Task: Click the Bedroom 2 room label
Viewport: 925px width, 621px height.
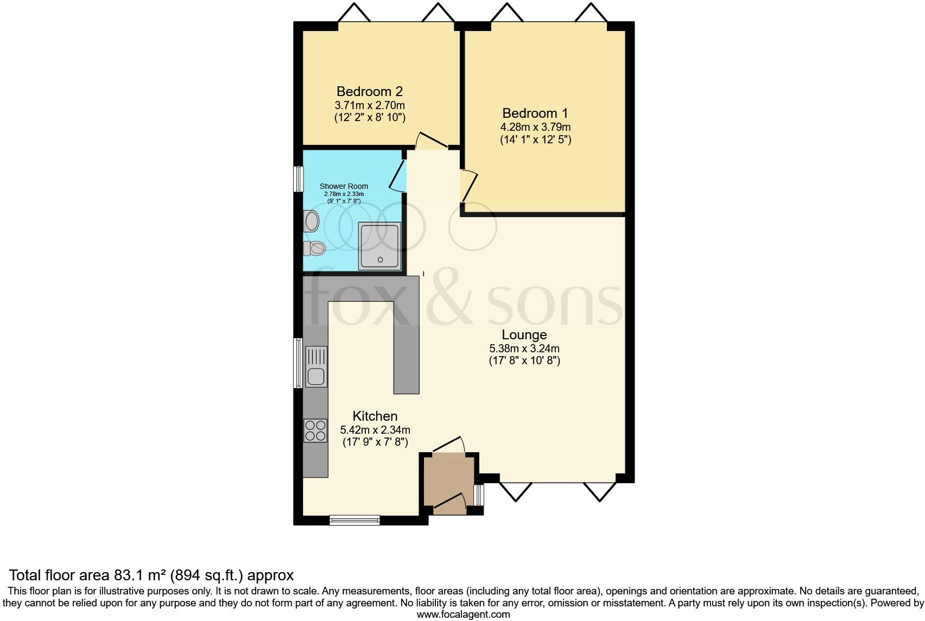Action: (369, 91)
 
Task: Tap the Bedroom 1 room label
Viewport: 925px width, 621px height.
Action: (535, 113)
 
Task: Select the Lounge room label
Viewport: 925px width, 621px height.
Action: (524, 334)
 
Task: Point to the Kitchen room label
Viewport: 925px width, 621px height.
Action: (375, 416)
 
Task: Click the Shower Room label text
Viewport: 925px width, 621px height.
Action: (344, 186)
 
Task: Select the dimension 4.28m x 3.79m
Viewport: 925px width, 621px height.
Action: (535, 127)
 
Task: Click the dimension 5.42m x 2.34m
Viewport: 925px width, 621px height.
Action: (375, 430)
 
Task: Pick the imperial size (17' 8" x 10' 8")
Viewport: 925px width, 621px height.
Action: (524, 360)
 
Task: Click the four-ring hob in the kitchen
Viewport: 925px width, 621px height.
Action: (315, 430)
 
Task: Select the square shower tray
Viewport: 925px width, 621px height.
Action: (380, 245)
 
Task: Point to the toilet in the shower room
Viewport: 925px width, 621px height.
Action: (314, 249)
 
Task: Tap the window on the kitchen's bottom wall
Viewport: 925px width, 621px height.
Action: (354, 521)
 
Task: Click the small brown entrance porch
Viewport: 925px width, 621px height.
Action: (449, 482)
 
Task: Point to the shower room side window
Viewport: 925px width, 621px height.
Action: (298, 179)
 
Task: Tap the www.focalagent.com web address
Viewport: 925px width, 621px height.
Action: (463, 614)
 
